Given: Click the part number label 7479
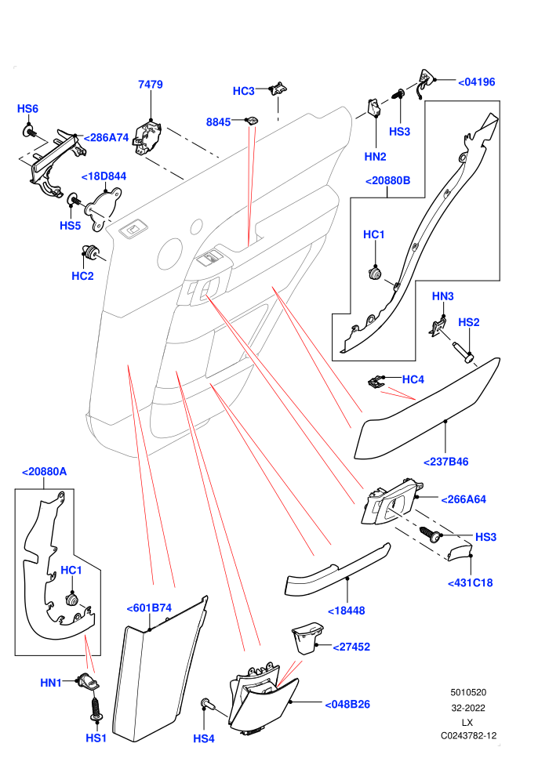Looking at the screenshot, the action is (150, 84).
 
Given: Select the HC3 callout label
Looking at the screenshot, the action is (244, 91).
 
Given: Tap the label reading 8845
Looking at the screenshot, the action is (218, 121).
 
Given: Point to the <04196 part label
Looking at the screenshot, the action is (476, 82).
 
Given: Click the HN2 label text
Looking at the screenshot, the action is (375, 157).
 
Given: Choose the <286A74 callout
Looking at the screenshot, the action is (106, 138).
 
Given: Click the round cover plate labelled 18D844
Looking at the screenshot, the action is (104, 209).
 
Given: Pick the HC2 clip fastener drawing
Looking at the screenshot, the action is (91, 252).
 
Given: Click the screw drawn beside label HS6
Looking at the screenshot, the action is (29, 132).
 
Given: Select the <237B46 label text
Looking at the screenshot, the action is (446, 462).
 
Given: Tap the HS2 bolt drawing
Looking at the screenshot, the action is (463, 352).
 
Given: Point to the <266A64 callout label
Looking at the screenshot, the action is (464, 499).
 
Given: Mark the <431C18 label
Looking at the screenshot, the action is (471, 583).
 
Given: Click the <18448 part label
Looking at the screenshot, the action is (347, 611).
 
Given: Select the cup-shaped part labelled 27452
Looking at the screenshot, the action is (308, 639).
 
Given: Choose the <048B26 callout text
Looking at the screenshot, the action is (347, 704).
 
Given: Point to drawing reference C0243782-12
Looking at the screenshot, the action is (469, 736).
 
